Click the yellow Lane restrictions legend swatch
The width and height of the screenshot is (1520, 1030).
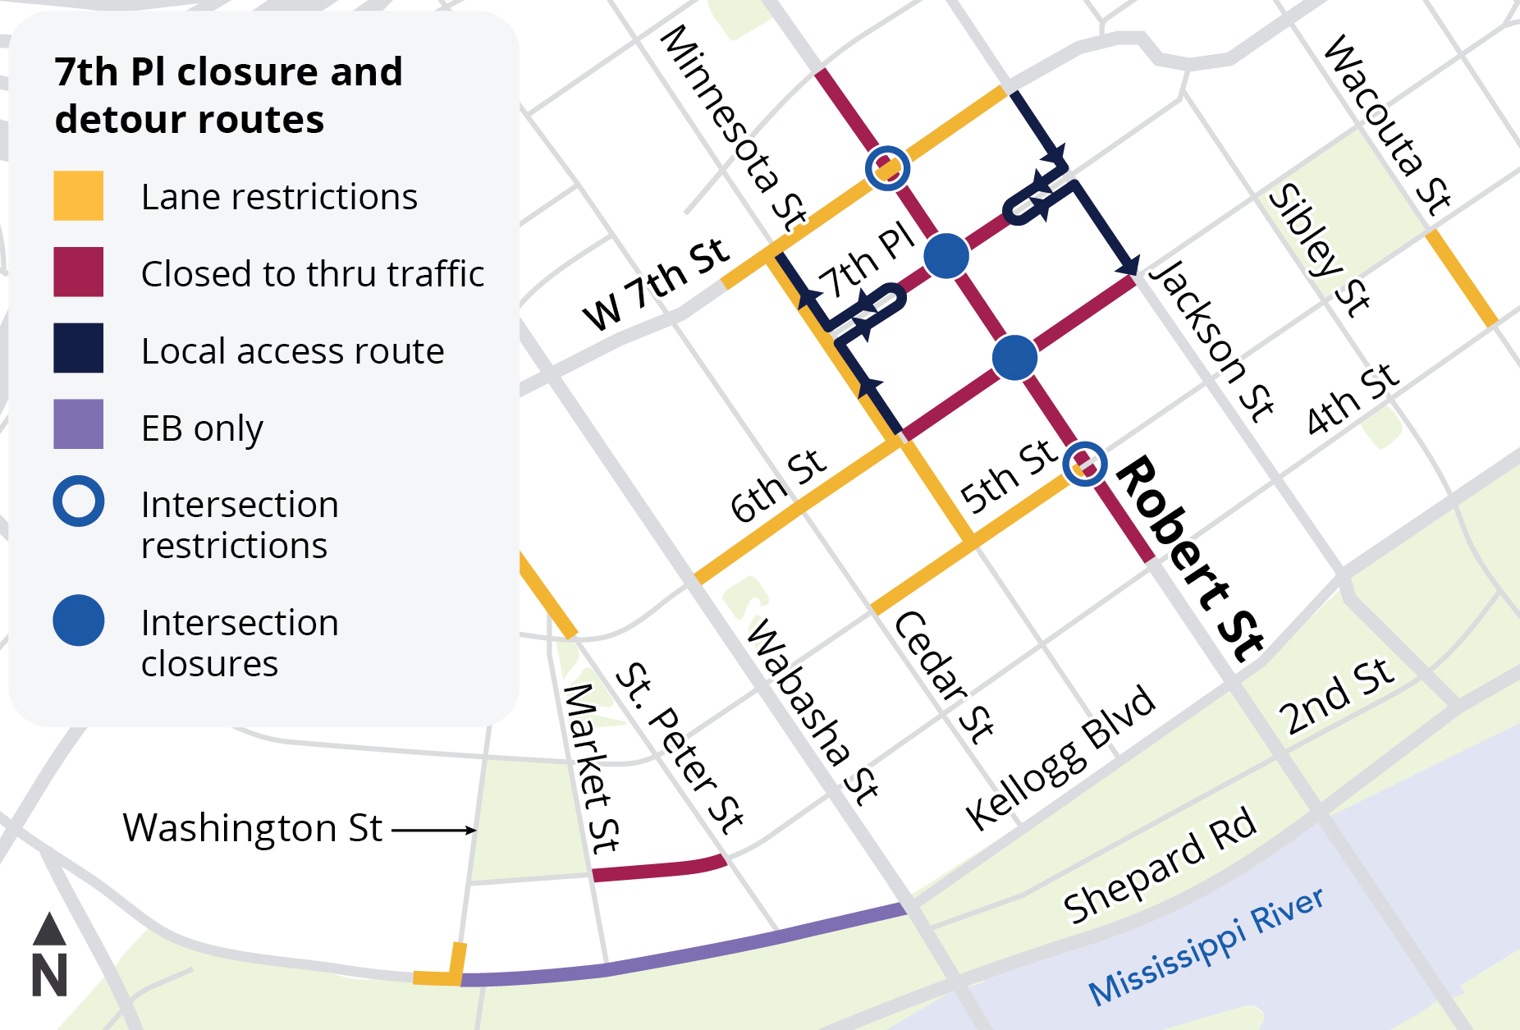point(78,195)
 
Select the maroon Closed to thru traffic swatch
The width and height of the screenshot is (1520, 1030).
point(78,272)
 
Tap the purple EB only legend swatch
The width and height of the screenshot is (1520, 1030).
point(78,423)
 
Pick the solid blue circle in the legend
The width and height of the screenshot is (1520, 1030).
point(78,620)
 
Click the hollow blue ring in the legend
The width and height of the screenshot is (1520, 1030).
point(78,501)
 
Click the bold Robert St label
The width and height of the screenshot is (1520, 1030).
point(1190,559)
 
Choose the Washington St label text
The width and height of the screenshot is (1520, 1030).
point(252,828)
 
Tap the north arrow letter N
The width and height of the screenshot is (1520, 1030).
point(49,976)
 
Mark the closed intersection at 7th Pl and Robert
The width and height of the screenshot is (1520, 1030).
point(946,255)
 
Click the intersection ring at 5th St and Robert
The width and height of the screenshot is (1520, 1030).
point(1084,464)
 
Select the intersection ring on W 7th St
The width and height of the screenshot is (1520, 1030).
point(887,168)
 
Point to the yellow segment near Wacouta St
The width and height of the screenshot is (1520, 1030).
point(1462,278)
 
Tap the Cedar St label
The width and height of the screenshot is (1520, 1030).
point(944,678)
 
